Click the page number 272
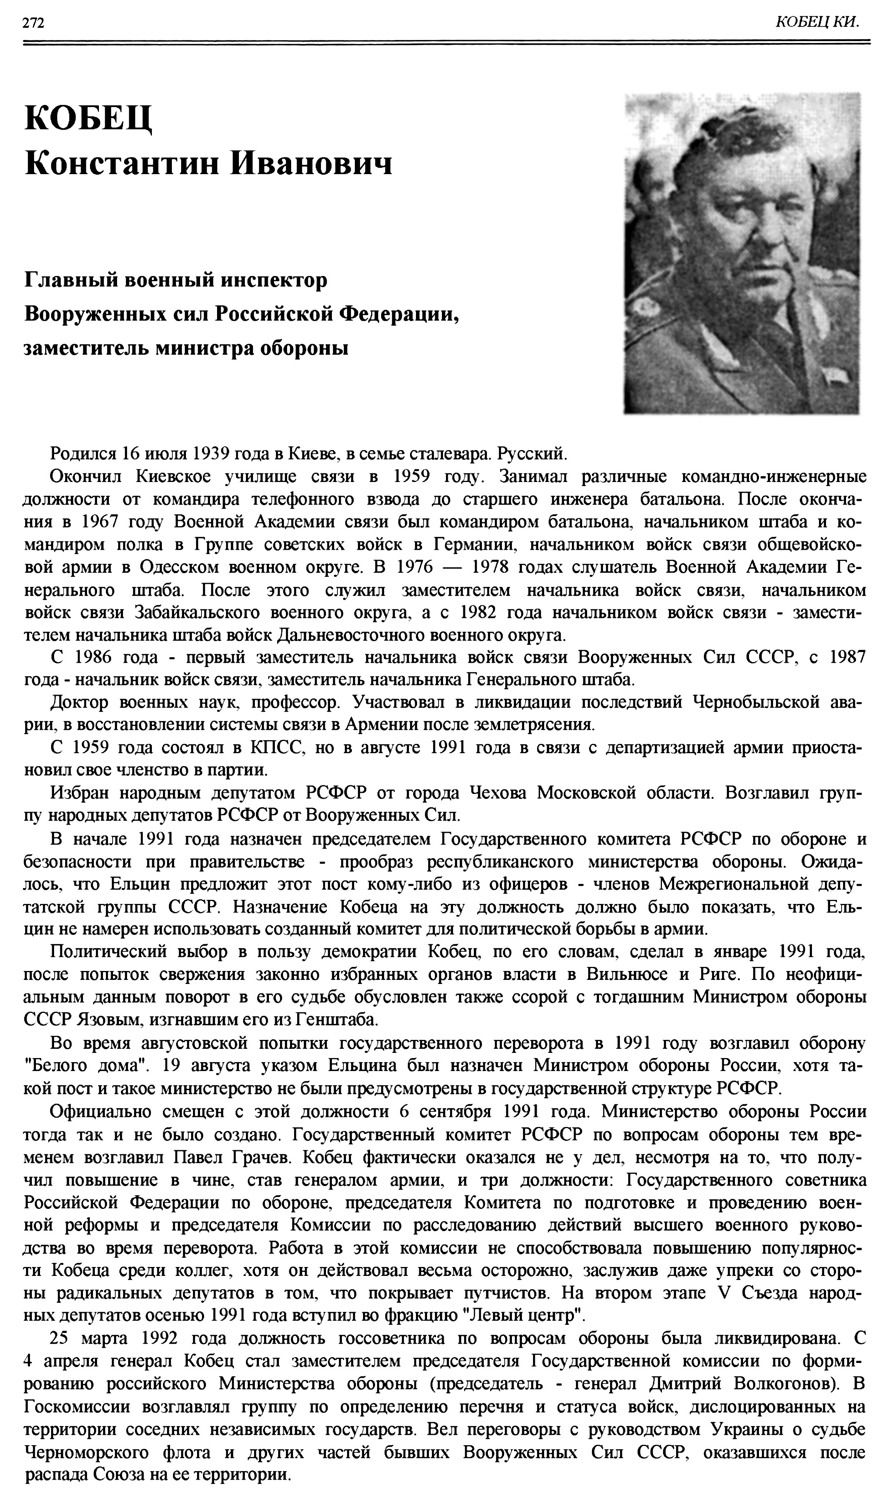pos(34,23)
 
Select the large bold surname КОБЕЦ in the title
pos(88,118)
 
